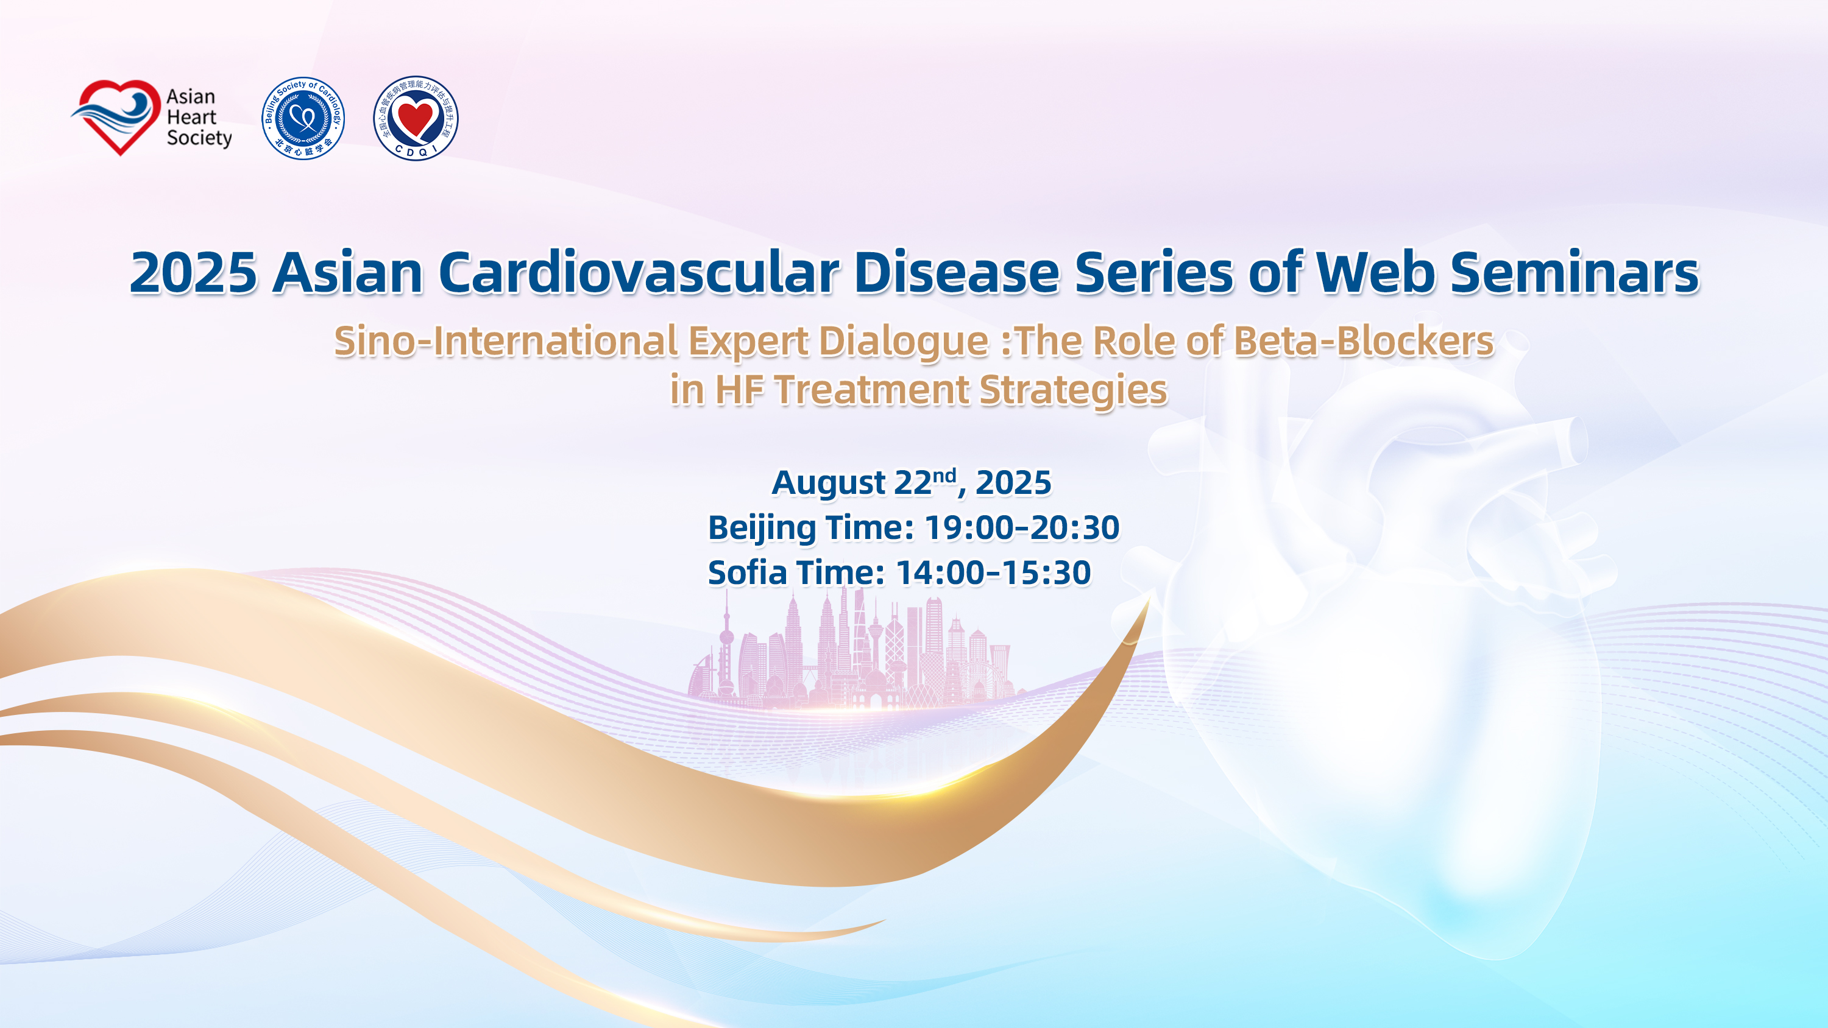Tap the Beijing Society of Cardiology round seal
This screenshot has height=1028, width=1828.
(303, 118)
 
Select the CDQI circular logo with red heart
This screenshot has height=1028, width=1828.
(416, 118)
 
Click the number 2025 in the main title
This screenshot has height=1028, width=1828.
(194, 273)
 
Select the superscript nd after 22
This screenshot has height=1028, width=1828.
(944, 476)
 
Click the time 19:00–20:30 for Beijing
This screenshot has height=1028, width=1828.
(1022, 528)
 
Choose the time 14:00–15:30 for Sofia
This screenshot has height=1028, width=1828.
(993, 573)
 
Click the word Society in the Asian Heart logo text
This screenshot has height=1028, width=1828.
(199, 138)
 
